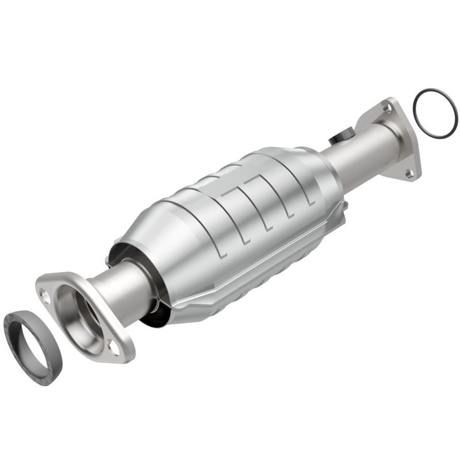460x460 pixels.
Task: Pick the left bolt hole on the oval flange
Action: (45, 294)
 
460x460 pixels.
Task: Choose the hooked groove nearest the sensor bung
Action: (299, 190)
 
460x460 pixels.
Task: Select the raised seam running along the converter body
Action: (259, 259)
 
